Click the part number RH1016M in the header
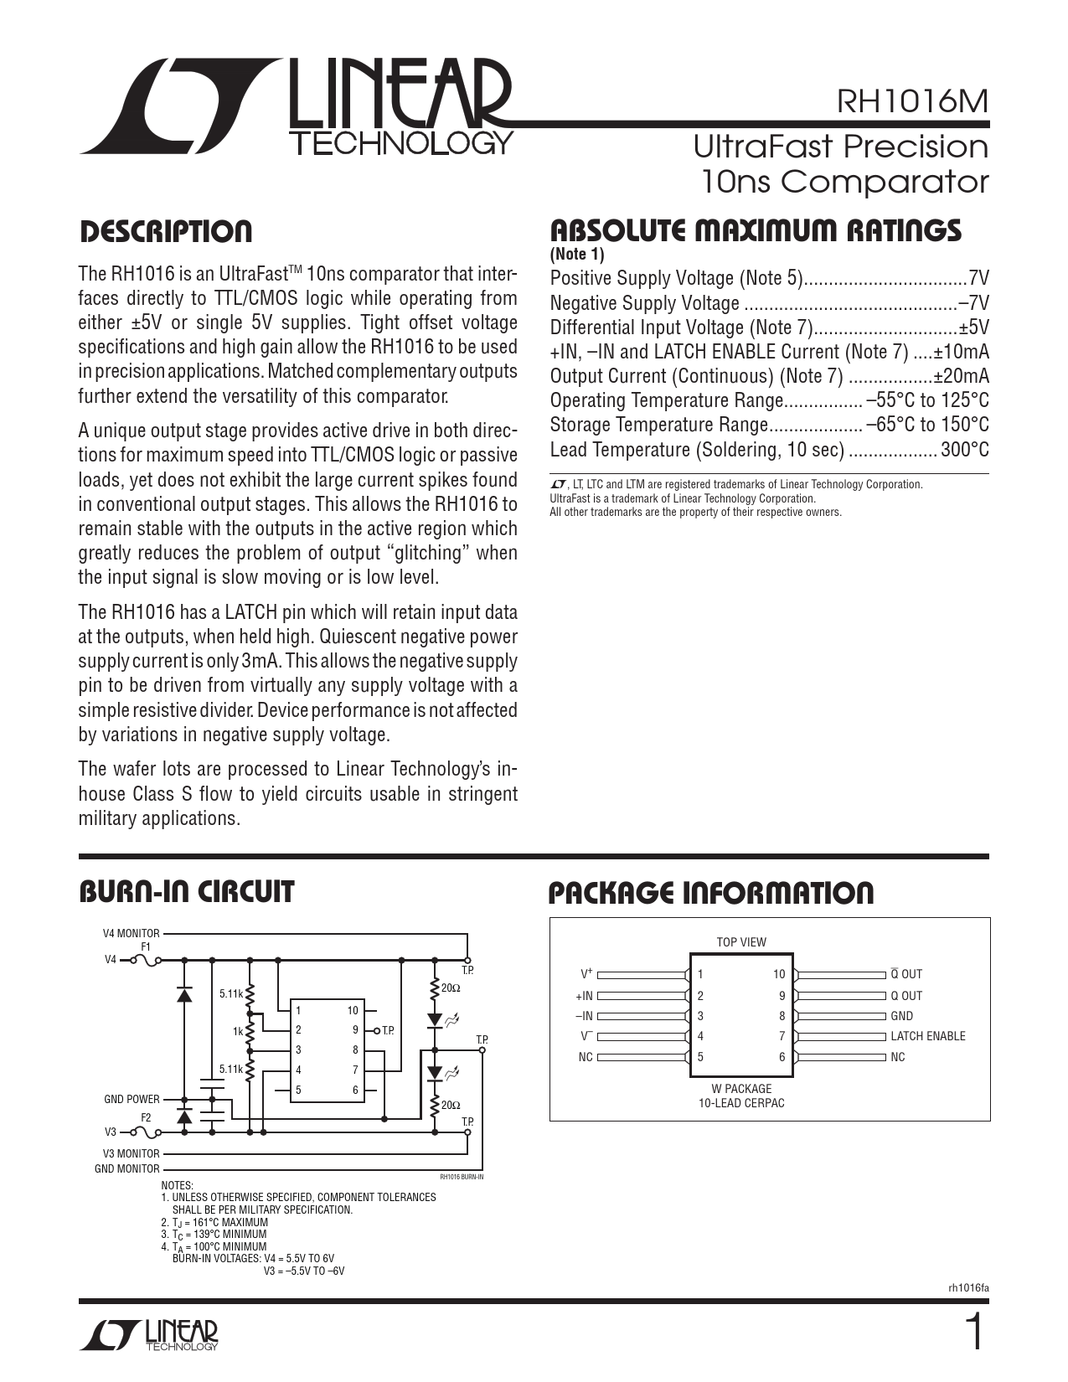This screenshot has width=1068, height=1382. click(912, 101)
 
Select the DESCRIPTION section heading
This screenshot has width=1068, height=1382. click(165, 232)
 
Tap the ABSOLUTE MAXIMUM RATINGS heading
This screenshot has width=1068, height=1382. click(755, 230)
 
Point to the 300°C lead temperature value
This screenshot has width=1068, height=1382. click(964, 450)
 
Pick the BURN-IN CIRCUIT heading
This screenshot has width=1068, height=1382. click(186, 892)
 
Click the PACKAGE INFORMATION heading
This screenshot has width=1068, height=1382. click(710, 893)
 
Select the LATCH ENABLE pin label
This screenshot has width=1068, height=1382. click(927, 1036)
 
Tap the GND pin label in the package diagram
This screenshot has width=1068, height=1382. click(901, 1016)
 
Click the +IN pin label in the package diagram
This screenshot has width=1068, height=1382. click(584, 996)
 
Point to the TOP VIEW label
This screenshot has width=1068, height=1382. click(741, 942)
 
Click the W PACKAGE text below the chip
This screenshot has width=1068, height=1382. click(741, 1089)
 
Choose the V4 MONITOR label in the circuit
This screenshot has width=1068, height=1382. click(131, 933)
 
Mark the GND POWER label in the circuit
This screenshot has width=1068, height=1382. click(132, 1099)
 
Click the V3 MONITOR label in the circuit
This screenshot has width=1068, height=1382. click(131, 1153)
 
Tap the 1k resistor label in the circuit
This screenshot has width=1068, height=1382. click(238, 1032)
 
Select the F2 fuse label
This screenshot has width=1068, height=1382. click(146, 1118)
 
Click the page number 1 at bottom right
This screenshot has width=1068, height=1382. click(973, 1333)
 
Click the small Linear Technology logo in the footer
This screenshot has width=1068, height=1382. click(149, 1336)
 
